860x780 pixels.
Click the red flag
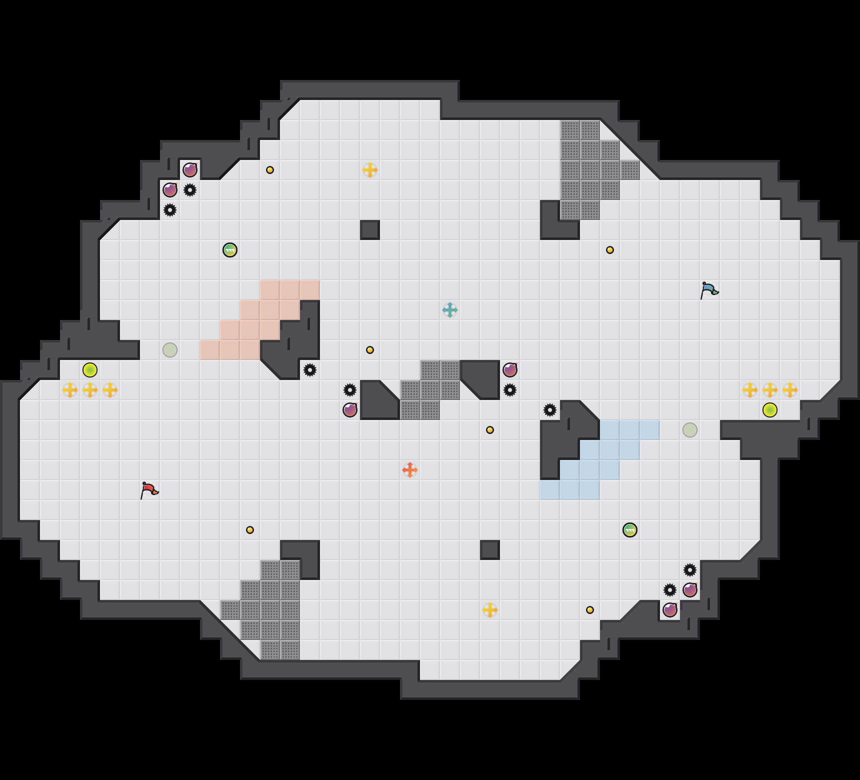149,490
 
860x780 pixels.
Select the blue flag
709,290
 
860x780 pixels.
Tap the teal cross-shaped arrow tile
450,310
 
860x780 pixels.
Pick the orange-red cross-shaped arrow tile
410,470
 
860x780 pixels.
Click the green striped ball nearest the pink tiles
230,250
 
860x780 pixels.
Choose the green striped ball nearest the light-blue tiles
630,530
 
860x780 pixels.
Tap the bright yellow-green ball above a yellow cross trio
90,370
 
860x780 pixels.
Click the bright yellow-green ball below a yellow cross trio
770,410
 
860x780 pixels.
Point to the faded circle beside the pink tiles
170,350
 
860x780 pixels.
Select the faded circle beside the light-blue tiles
690,430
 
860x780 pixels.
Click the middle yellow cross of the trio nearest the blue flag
770,390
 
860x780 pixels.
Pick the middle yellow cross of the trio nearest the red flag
90,390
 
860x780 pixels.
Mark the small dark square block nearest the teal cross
370,230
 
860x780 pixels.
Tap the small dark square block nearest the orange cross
490,550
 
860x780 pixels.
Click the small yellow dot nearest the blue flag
610,250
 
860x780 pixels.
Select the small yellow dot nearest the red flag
250,530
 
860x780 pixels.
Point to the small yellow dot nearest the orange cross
490,430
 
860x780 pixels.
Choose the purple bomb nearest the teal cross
510,370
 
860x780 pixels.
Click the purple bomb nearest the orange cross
350,410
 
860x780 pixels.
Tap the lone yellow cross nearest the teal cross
370,170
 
